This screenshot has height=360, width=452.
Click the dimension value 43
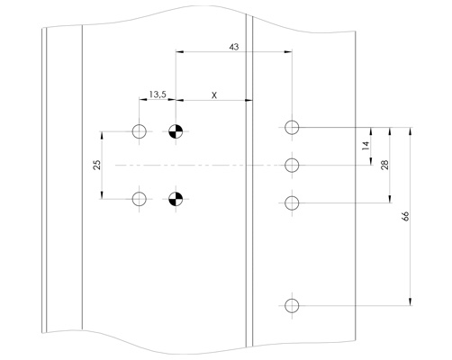coord(234,47)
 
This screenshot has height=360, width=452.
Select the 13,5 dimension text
coord(158,94)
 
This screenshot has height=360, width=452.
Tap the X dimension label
coord(214,95)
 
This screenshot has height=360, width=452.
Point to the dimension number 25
coord(96,166)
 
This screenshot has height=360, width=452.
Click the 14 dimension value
coord(366,146)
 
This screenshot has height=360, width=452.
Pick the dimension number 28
coord(384,165)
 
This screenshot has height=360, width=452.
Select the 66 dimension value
coord(405,216)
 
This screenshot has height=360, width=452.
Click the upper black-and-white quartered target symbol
coord(176,131)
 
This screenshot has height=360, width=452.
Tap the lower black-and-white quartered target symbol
coord(176,199)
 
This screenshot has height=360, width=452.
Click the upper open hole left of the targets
coord(140,131)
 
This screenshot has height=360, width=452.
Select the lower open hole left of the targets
coord(140,199)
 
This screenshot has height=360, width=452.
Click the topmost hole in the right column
coord(292,127)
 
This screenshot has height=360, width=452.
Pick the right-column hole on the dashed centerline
coord(292,165)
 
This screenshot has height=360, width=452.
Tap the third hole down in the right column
coord(292,203)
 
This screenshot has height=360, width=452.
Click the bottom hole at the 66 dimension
coord(292,306)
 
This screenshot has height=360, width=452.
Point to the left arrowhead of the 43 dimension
coord(179,52)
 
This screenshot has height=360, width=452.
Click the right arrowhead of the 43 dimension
coord(288,52)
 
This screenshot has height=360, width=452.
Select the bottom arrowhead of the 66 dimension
coord(411,301)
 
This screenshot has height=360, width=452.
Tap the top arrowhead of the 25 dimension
coord(102,135)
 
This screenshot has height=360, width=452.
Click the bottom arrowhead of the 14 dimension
coord(371,161)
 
